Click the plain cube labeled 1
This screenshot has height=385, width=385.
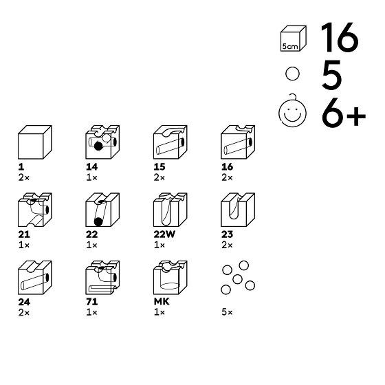[35, 142]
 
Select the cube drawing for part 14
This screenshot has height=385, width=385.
[102, 142]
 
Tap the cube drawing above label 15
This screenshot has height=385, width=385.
[170, 142]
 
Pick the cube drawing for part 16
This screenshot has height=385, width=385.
[238, 142]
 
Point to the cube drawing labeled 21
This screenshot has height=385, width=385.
[35, 210]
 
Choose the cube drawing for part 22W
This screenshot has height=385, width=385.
[170, 210]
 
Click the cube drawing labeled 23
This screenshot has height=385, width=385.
[238, 210]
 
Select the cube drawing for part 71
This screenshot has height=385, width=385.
[102, 278]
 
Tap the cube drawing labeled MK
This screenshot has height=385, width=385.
[170, 278]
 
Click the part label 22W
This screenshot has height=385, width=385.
[164, 234]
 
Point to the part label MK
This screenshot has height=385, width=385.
[162, 302]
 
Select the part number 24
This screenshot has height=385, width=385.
[24, 302]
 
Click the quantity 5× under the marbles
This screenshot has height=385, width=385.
[227, 312]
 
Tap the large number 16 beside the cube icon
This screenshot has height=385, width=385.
[340, 37]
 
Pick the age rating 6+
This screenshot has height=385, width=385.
[344, 112]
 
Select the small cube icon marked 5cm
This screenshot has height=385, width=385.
[294, 38]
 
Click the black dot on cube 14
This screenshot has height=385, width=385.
[98, 146]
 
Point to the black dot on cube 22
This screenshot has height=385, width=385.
[98, 221]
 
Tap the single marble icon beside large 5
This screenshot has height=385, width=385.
[292, 74]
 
